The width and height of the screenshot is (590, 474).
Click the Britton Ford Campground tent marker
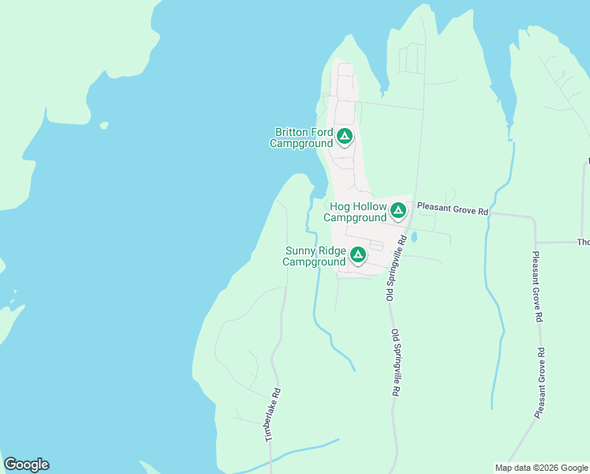point(344,137)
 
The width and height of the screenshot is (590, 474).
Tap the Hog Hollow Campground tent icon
point(398,210)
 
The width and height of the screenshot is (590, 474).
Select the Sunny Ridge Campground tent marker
point(357,254)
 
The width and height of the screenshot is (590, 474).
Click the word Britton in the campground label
point(293,133)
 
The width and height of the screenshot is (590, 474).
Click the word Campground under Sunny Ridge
point(315,261)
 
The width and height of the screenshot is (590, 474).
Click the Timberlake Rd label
point(273,415)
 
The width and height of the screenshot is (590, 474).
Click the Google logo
point(26,465)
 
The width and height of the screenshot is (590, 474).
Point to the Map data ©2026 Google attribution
point(541,468)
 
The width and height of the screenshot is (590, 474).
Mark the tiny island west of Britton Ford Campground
point(103,125)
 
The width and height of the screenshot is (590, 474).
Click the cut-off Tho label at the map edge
point(583,243)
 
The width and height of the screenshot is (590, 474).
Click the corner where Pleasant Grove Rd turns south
point(535,218)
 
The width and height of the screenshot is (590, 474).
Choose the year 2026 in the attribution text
point(545,468)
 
